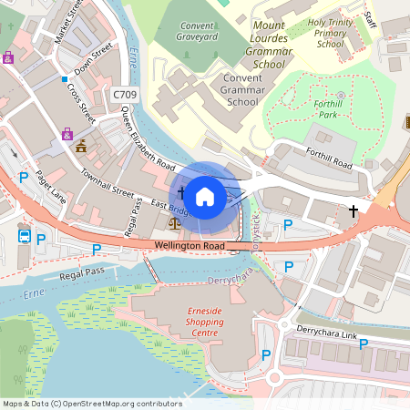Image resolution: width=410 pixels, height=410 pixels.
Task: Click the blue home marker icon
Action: pos(205,195)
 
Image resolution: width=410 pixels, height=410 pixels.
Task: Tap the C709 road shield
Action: pos(125,94)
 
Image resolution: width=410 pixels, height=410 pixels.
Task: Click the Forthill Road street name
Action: pos(329,159)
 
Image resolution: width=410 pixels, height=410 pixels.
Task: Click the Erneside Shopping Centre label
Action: pos(199,323)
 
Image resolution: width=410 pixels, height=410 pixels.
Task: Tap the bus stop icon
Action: pos(23,237)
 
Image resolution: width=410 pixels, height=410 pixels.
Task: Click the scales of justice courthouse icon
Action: pos(174,221)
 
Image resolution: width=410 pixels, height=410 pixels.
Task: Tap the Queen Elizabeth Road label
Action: pos(148,145)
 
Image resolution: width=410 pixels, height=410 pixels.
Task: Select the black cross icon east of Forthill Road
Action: pos(354,210)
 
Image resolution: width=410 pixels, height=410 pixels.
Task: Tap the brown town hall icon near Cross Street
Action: pos(81,145)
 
